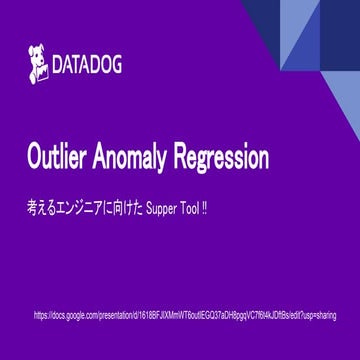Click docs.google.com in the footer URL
coord(74,315)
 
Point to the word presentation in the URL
coord(118,315)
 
